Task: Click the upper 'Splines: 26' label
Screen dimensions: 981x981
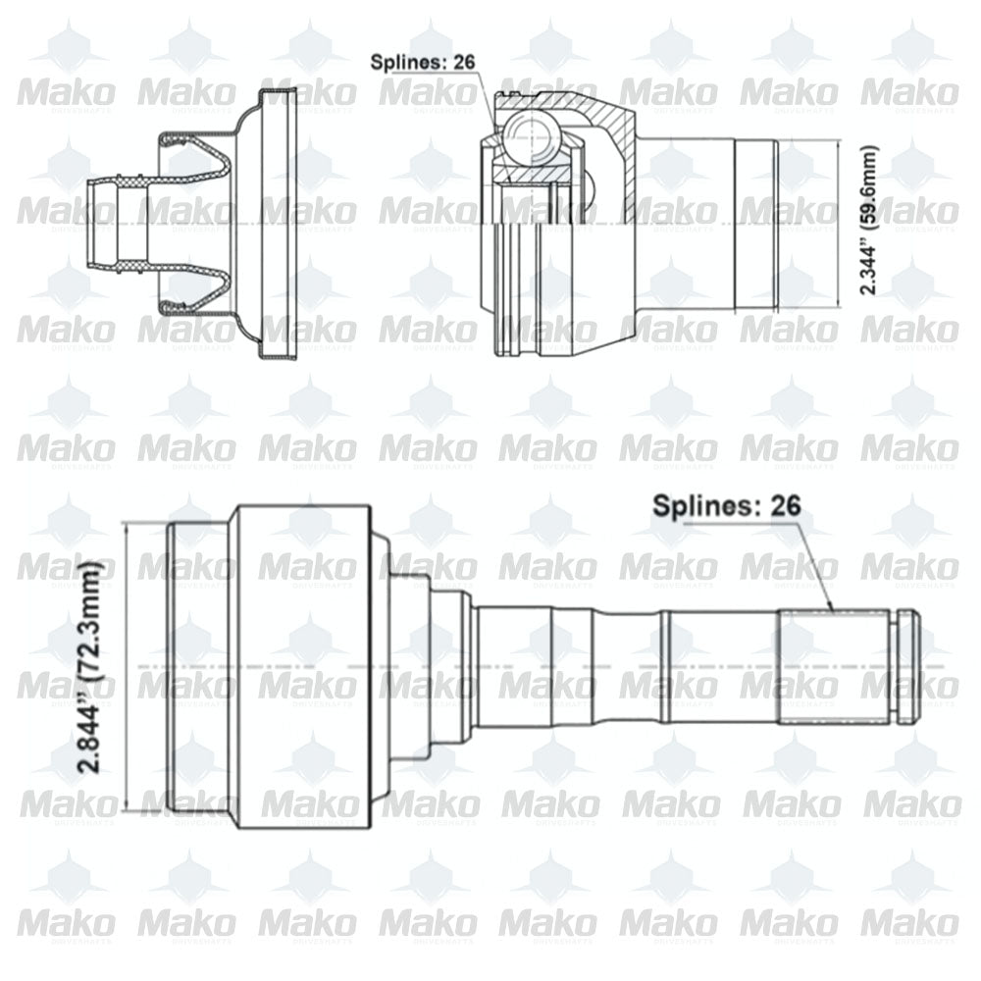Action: [x=422, y=62]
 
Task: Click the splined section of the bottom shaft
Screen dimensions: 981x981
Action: [x=834, y=667]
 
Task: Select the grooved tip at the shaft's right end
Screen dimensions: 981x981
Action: [x=906, y=667]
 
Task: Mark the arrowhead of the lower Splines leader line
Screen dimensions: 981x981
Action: [x=832, y=608]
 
